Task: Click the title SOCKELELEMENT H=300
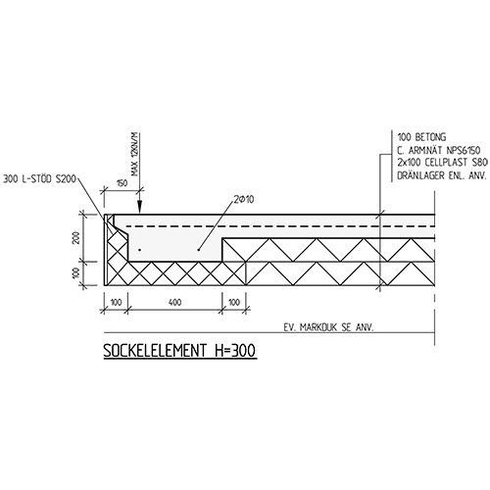tap(179, 351)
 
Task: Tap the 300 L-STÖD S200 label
tap(39, 179)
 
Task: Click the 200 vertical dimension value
tap(76, 237)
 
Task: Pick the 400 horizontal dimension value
tap(175, 303)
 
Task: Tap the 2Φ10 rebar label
tap(244, 199)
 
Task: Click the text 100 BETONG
tap(421, 137)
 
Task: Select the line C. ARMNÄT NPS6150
tap(439, 150)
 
